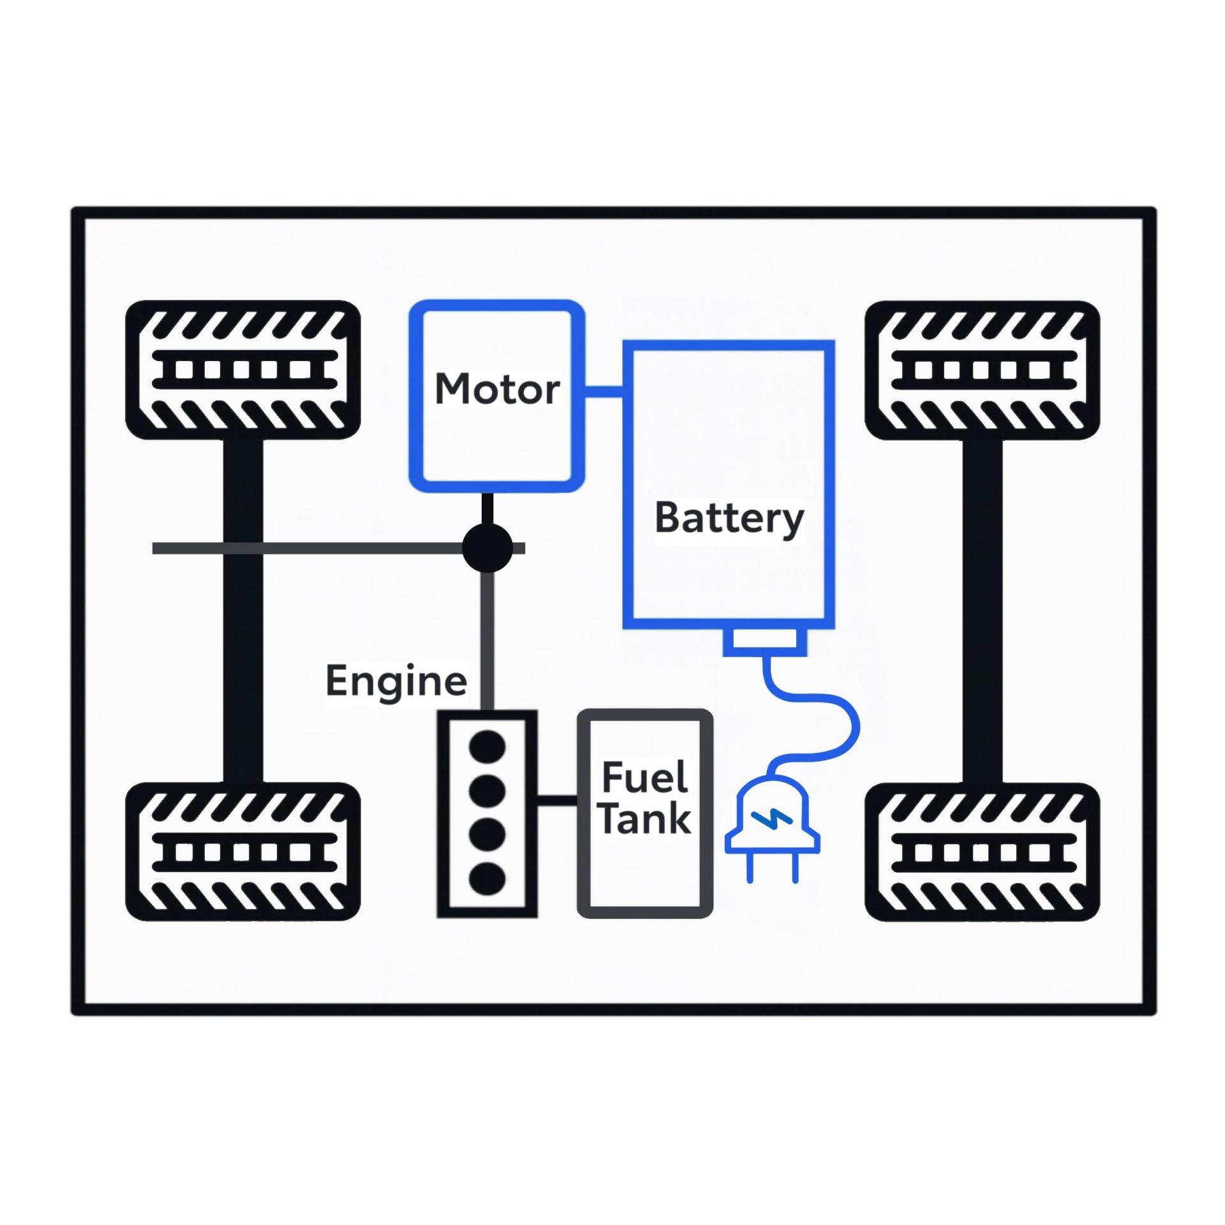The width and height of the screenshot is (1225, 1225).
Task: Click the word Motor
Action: click(x=497, y=389)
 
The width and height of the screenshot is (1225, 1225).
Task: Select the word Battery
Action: click(x=729, y=518)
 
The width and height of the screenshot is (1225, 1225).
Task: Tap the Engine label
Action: click(x=396, y=681)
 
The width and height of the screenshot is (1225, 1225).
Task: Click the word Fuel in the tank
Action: click(x=644, y=777)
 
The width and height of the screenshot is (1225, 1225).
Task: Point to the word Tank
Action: click(x=645, y=818)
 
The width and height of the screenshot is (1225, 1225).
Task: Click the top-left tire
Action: click(x=243, y=370)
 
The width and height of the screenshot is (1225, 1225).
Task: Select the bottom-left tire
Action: click(x=243, y=852)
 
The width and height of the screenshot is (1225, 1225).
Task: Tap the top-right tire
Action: click(x=982, y=370)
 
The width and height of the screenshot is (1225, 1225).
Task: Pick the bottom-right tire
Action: click(x=982, y=852)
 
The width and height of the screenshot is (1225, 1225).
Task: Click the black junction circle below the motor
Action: click(x=487, y=548)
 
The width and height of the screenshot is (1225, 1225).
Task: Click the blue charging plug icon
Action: click(x=772, y=823)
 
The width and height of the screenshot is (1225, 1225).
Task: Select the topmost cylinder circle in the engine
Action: click(x=487, y=747)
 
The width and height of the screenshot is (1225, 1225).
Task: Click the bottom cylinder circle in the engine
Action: click(x=487, y=879)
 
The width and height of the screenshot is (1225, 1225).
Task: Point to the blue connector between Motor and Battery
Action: click(x=604, y=391)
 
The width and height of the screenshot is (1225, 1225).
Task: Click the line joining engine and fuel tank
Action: click(x=557, y=800)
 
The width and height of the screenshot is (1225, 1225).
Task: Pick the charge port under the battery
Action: click(x=765, y=641)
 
